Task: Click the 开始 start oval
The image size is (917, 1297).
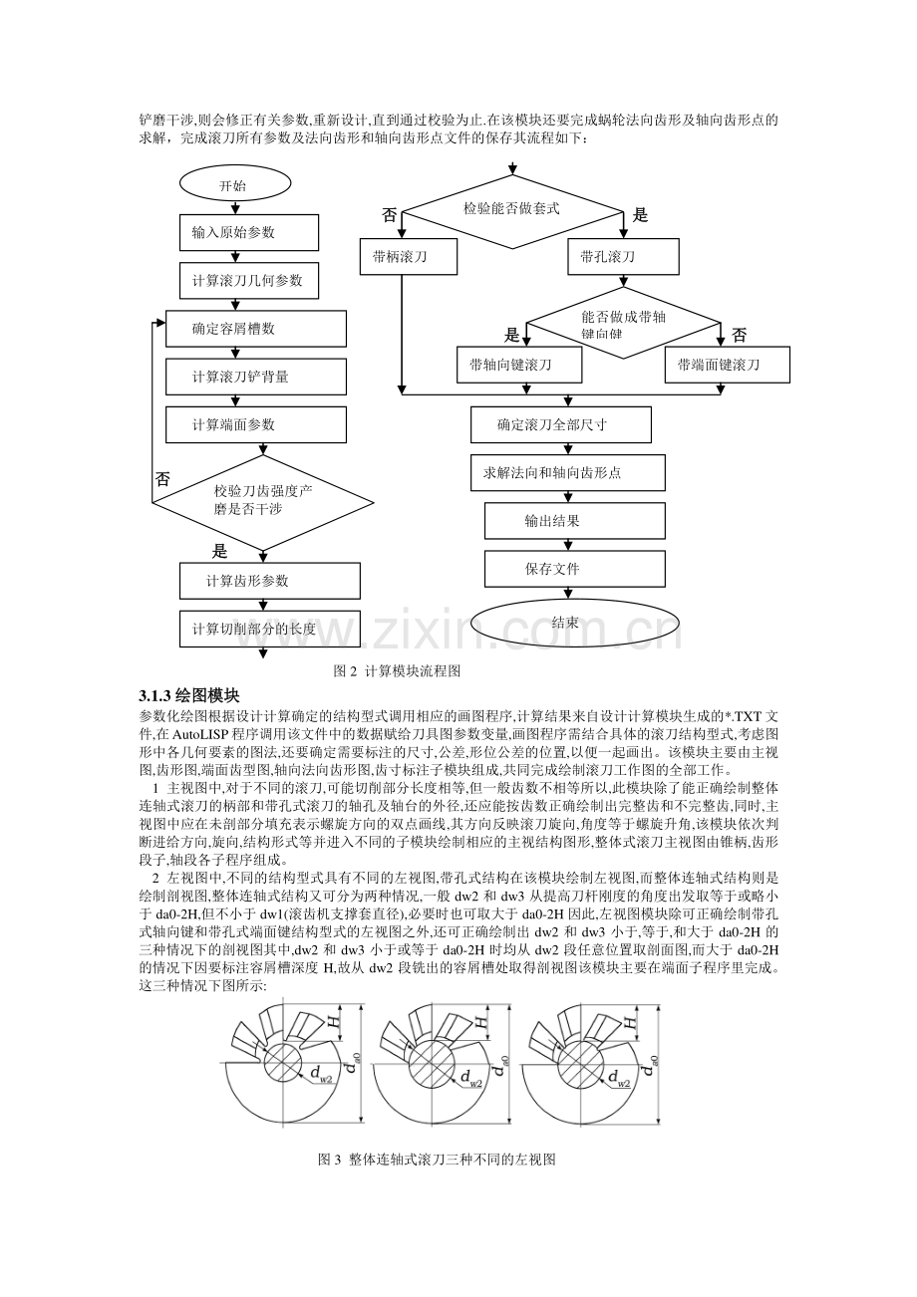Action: (x=234, y=185)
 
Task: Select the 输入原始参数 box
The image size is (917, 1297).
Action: (x=249, y=233)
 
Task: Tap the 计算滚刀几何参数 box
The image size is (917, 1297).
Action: (x=249, y=281)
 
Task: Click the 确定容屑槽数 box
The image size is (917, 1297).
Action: (x=255, y=329)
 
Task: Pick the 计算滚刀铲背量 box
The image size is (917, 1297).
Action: (x=255, y=377)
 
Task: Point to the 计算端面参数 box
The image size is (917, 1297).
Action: (x=255, y=424)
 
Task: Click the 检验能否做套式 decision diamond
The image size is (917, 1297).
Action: (x=512, y=209)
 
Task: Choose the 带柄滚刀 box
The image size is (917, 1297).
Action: (x=409, y=257)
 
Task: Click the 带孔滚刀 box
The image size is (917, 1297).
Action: (x=623, y=257)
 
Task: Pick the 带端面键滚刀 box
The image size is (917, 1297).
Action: (x=727, y=366)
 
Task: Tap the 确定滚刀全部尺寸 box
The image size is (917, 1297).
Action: (x=561, y=424)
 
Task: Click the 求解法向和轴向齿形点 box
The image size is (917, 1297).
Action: (x=561, y=472)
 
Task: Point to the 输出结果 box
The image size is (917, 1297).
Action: (x=575, y=520)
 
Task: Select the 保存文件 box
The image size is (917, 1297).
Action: (x=575, y=569)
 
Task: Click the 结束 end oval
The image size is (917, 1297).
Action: (x=575, y=623)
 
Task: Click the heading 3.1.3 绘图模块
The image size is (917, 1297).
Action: (x=189, y=694)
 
